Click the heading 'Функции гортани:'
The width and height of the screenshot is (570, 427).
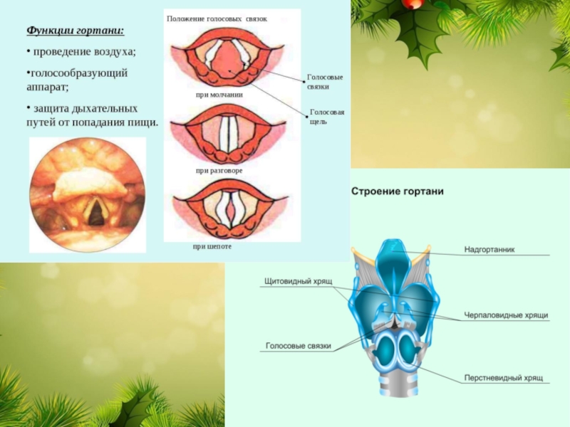pyautogui.click(x=75, y=31)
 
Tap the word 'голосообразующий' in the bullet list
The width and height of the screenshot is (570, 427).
pyautogui.click(x=78, y=73)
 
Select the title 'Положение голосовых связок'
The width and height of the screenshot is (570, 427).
pyautogui.click(x=217, y=19)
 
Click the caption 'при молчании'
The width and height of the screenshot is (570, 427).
pyautogui.click(x=219, y=95)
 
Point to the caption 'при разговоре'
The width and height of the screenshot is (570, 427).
pyautogui.click(x=219, y=172)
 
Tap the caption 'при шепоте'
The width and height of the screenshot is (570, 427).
pyautogui.click(x=212, y=246)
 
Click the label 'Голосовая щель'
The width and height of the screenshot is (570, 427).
pyautogui.click(x=327, y=117)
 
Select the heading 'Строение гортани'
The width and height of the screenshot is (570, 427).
pyautogui.click(x=398, y=191)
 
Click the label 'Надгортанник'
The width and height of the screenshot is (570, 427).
pyautogui.click(x=489, y=250)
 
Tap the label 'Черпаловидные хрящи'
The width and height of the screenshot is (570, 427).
pyautogui.click(x=506, y=315)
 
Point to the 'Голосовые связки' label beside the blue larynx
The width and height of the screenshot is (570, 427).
pyautogui.click(x=299, y=346)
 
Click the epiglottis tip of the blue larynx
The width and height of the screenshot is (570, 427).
pyautogui.click(x=390, y=249)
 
